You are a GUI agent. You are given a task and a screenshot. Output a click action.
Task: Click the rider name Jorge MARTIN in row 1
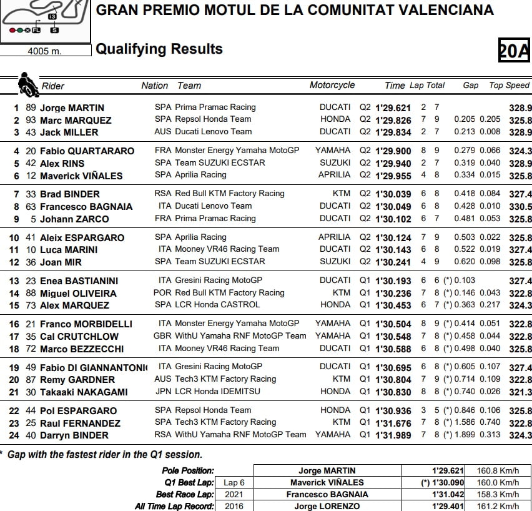pyautogui.click(x=72, y=108)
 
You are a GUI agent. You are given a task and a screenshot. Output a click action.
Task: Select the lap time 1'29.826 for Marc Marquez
pyautogui.click(x=393, y=120)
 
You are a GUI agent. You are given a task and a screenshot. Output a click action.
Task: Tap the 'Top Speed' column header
pyautogui.click(x=509, y=86)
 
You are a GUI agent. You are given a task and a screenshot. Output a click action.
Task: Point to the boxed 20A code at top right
pyautogui.click(x=513, y=51)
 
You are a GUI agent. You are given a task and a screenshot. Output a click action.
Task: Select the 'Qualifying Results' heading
pyautogui.click(x=159, y=49)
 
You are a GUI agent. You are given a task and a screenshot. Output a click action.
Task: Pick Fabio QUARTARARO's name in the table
pyautogui.click(x=87, y=151)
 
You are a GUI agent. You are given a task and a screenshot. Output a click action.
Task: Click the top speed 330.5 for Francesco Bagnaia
pyautogui.click(x=520, y=206)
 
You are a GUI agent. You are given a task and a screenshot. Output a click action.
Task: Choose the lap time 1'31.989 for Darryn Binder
pyautogui.click(x=393, y=435)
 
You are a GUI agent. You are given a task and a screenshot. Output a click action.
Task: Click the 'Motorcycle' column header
pyautogui.click(x=332, y=86)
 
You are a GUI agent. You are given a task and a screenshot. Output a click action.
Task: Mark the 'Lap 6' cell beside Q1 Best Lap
pyautogui.click(x=234, y=482)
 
